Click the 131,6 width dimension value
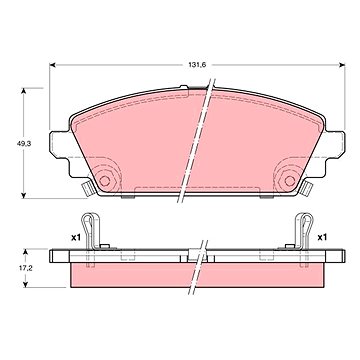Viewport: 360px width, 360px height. click(197, 65)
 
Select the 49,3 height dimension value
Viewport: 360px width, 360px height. click(24, 144)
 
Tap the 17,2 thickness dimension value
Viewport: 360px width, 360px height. click(25, 268)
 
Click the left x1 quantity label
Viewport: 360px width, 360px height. click(76, 237)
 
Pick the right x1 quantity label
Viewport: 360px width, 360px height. click(322, 237)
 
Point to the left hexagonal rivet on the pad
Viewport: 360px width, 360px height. click(105, 181)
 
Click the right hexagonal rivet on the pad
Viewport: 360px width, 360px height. click(290, 181)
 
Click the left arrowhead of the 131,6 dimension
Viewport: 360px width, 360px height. click(52, 65)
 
